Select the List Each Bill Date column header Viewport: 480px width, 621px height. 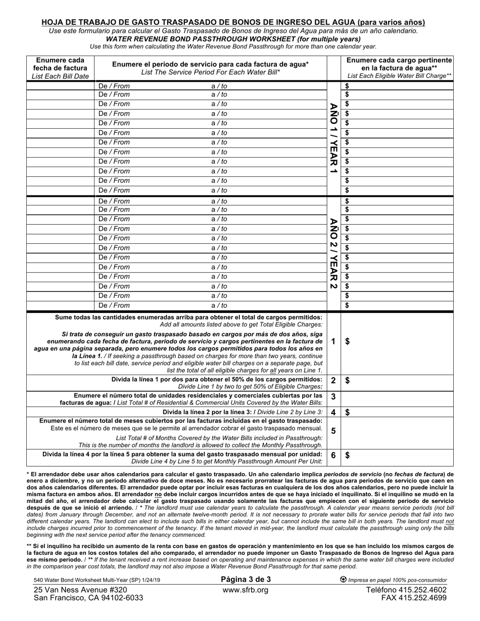coord(60,68)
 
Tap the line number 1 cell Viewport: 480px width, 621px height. coord(333,341)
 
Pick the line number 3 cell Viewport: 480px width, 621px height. coord(333,397)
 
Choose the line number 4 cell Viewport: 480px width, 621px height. coord(333,412)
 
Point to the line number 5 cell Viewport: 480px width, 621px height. coord(333,431)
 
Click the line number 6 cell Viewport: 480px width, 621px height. coord(333,455)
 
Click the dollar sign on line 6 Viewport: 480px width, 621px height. coord(347,455)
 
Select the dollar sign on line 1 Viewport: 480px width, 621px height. coord(347,341)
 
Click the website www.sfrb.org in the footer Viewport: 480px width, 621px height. coord(245,590)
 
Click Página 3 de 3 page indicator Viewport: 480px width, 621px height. coord(246,580)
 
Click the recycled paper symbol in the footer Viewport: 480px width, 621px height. coord(344,580)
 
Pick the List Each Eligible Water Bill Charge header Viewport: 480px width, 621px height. coord(399,68)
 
